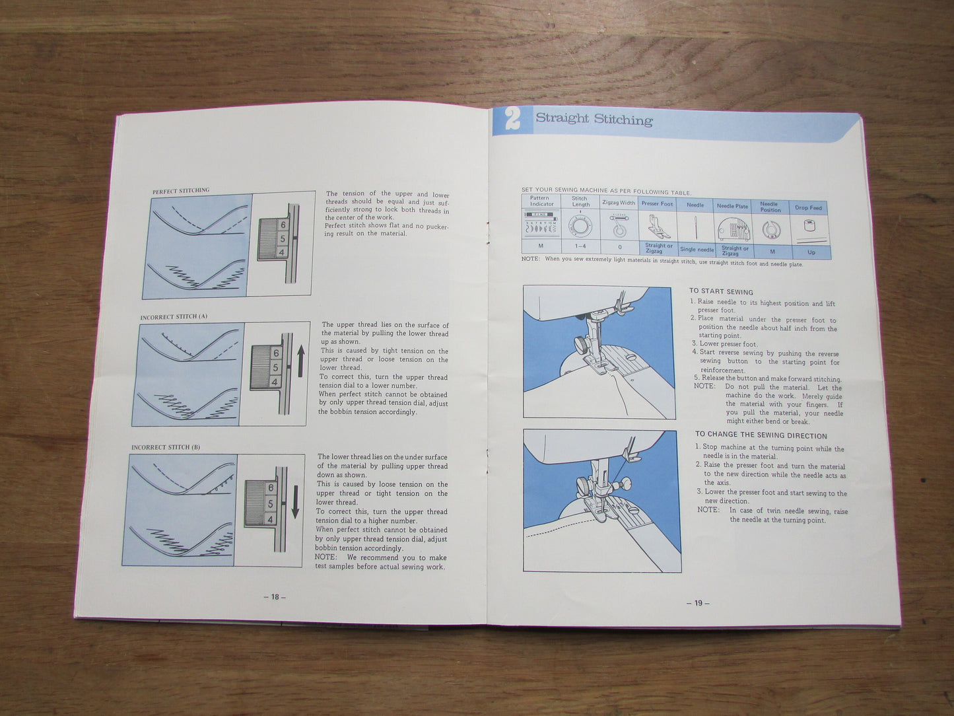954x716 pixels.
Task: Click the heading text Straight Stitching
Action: [x=594, y=119]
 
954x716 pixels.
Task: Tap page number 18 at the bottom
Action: [x=275, y=596]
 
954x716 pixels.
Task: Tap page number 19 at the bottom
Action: [x=698, y=602]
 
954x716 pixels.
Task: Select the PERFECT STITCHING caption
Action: [x=181, y=191]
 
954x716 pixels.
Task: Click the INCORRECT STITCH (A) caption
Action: [x=174, y=317]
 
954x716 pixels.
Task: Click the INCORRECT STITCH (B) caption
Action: [x=166, y=447]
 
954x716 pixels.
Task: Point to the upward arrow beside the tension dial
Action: [x=300, y=363]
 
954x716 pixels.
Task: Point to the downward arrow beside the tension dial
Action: [x=294, y=501]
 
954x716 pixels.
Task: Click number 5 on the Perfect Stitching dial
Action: [x=283, y=238]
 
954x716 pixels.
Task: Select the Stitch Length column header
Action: [x=580, y=201]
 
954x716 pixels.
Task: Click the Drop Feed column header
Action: [x=808, y=207]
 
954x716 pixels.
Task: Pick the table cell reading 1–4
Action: [x=580, y=246]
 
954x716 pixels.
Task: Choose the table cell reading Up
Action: [x=811, y=252]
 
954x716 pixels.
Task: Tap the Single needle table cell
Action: [x=697, y=250]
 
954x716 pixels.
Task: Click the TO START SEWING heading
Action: [x=721, y=291]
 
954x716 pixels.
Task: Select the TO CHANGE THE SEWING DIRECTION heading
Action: [x=761, y=435]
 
